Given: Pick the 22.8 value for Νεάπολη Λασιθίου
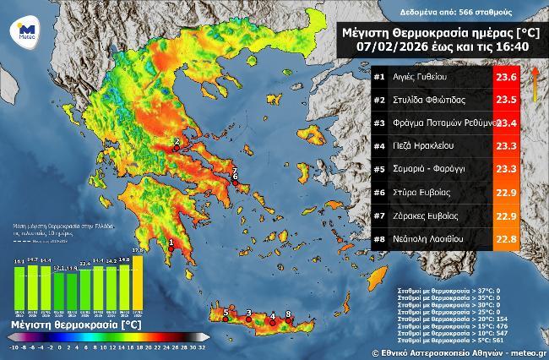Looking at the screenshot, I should (506, 237).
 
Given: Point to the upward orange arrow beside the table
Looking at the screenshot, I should (534, 85).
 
